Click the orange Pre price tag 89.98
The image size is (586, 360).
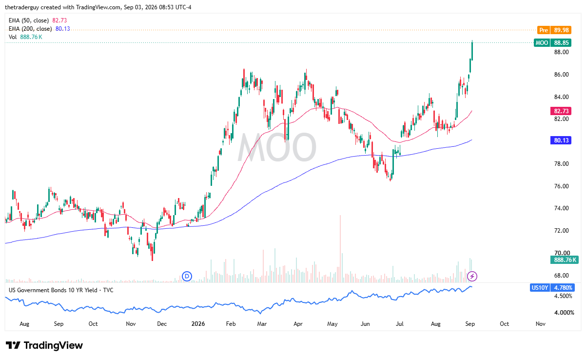[x=554, y=30]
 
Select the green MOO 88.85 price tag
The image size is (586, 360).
[x=552, y=42]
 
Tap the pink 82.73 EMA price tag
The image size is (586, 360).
[x=561, y=111]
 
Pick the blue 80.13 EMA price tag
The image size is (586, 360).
[x=561, y=140]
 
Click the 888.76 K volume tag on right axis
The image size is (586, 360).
[x=564, y=260]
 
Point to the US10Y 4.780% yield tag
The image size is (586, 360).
[x=552, y=288]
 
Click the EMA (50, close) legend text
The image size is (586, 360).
[x=29, y=20]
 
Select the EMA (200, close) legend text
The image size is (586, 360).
[x=30, y=29]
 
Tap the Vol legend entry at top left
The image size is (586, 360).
[x=13, y=37]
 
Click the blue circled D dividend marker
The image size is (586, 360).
[x=187, y=276]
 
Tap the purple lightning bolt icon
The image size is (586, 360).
[x=472, y=276]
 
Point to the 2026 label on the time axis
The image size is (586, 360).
[x=198, y=324]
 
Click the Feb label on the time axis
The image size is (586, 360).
[x=231, y=324]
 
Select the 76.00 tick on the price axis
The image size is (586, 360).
[x=562, y=186]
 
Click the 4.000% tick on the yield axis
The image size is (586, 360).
[x=565, y=313]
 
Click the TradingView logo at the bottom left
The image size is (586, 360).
[x=44, y=345]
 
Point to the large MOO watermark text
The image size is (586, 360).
[x=277, y=147]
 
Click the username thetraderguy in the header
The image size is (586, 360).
[x=22, y=7]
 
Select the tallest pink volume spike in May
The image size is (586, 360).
[x=340, y=249]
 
